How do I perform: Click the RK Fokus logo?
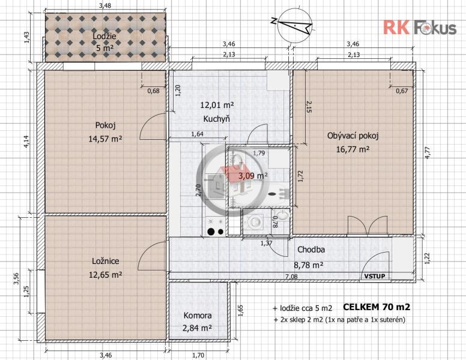(x=420, y=28)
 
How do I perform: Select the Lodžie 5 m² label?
(x=104, y=42)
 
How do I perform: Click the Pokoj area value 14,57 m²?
(x=106, y=139)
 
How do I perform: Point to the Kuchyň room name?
(x=217, y=119)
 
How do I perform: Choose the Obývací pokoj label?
(x=353, y=136)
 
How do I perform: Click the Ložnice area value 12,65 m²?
(x=106, y=275)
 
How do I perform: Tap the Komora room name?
(x=198, y=315)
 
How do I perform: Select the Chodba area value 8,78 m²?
(x=309, y=265)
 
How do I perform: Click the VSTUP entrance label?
(x=375, y=276)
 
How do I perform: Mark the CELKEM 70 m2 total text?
(x=377, y=307)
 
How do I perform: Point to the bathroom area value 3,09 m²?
(x=253, y=176)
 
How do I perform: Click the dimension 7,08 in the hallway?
(x=291, y=277)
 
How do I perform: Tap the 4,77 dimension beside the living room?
(x=428, y=152)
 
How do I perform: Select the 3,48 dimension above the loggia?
(x=105, y=5)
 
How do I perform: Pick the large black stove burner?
(x=211, y=232)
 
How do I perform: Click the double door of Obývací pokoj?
(x=368, y=226)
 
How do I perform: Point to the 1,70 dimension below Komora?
(x=198, y=355)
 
